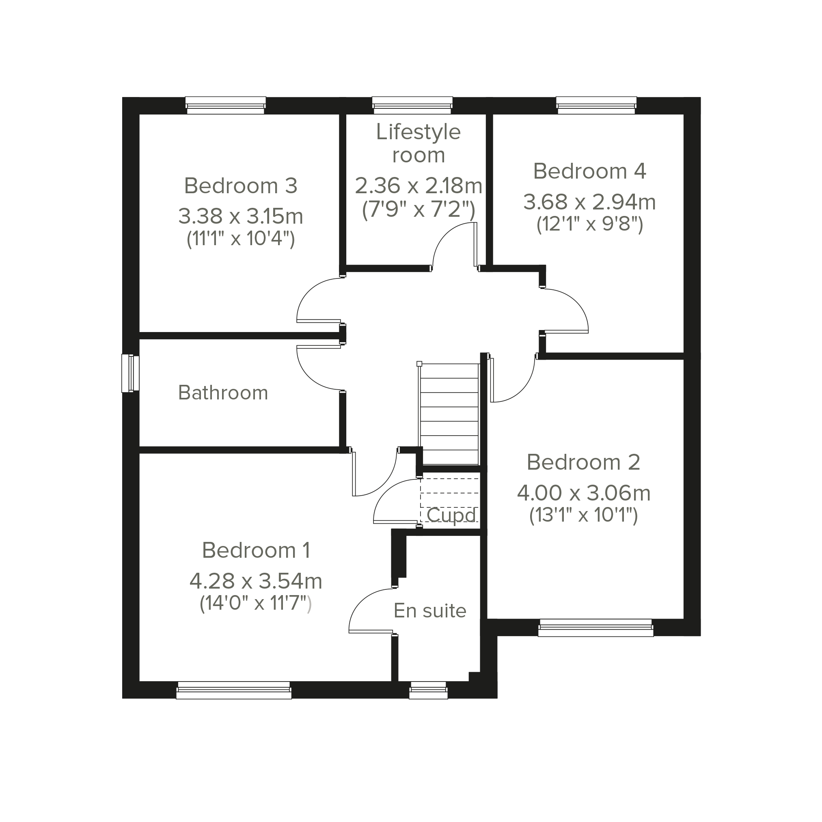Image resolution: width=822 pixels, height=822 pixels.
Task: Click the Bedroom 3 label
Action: click(x=241, y=186)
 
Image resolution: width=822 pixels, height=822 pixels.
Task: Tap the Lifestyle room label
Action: click(x=418, y=143)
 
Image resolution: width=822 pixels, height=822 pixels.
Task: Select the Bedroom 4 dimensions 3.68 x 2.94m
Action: click(x=589, y=202)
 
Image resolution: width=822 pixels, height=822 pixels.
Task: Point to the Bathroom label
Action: click(x=223, y=393)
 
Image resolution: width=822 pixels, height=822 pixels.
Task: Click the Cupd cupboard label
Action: click(x=451, y=516)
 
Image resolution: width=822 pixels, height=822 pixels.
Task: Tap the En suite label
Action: click(x=430, y=611)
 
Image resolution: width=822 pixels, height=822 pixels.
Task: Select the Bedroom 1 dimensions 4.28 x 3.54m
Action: click(x=256, y=581)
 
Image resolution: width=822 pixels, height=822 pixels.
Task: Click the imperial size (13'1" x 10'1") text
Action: click(x=583, y=516)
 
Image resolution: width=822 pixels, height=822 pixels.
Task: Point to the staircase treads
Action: click(x=449, y=414)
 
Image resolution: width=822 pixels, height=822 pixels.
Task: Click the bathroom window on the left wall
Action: click(x=130, y=373)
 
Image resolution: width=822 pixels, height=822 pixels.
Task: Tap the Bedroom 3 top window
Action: click(x=226, y=106)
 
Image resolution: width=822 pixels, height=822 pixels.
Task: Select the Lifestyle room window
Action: click(x=412, y=106)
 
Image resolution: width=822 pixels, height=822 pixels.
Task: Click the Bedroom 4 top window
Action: click(x=596, y=106)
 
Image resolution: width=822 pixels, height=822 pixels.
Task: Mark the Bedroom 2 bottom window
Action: click(x=595, y=628)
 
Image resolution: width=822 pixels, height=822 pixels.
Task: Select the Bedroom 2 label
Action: click(x=583, y=462)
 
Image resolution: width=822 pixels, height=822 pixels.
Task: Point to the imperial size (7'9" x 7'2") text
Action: click(x=418, y=209)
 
